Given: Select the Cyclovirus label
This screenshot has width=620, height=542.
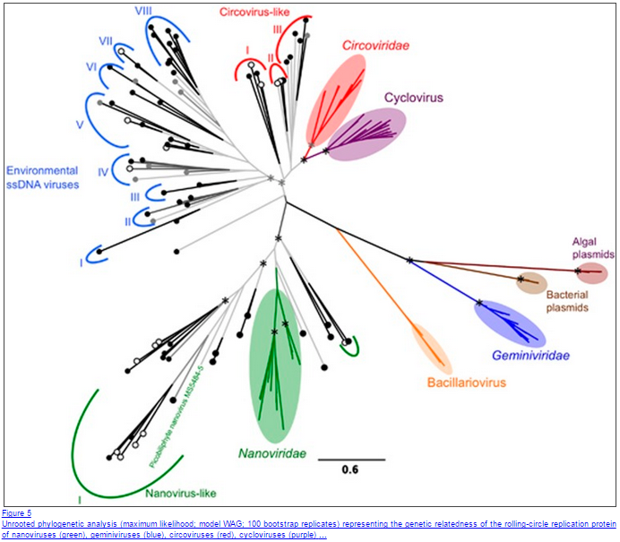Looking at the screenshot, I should pos(414,97).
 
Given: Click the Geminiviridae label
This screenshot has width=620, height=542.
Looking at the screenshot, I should pos(530,356).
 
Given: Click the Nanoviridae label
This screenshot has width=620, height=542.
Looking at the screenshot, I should pos(272,453).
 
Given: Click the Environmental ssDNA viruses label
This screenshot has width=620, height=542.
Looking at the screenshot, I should pos(43,177).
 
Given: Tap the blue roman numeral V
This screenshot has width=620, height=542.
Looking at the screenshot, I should pos(79,125).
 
